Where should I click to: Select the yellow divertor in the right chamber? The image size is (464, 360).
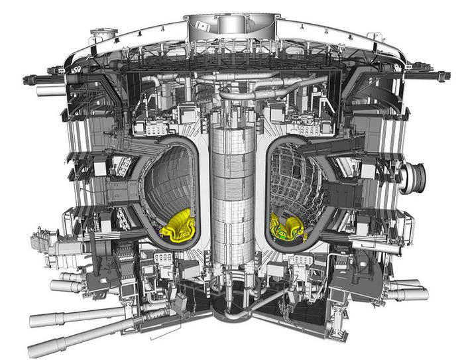pos(288,227)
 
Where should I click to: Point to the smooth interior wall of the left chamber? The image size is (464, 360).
pos(169,179)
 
